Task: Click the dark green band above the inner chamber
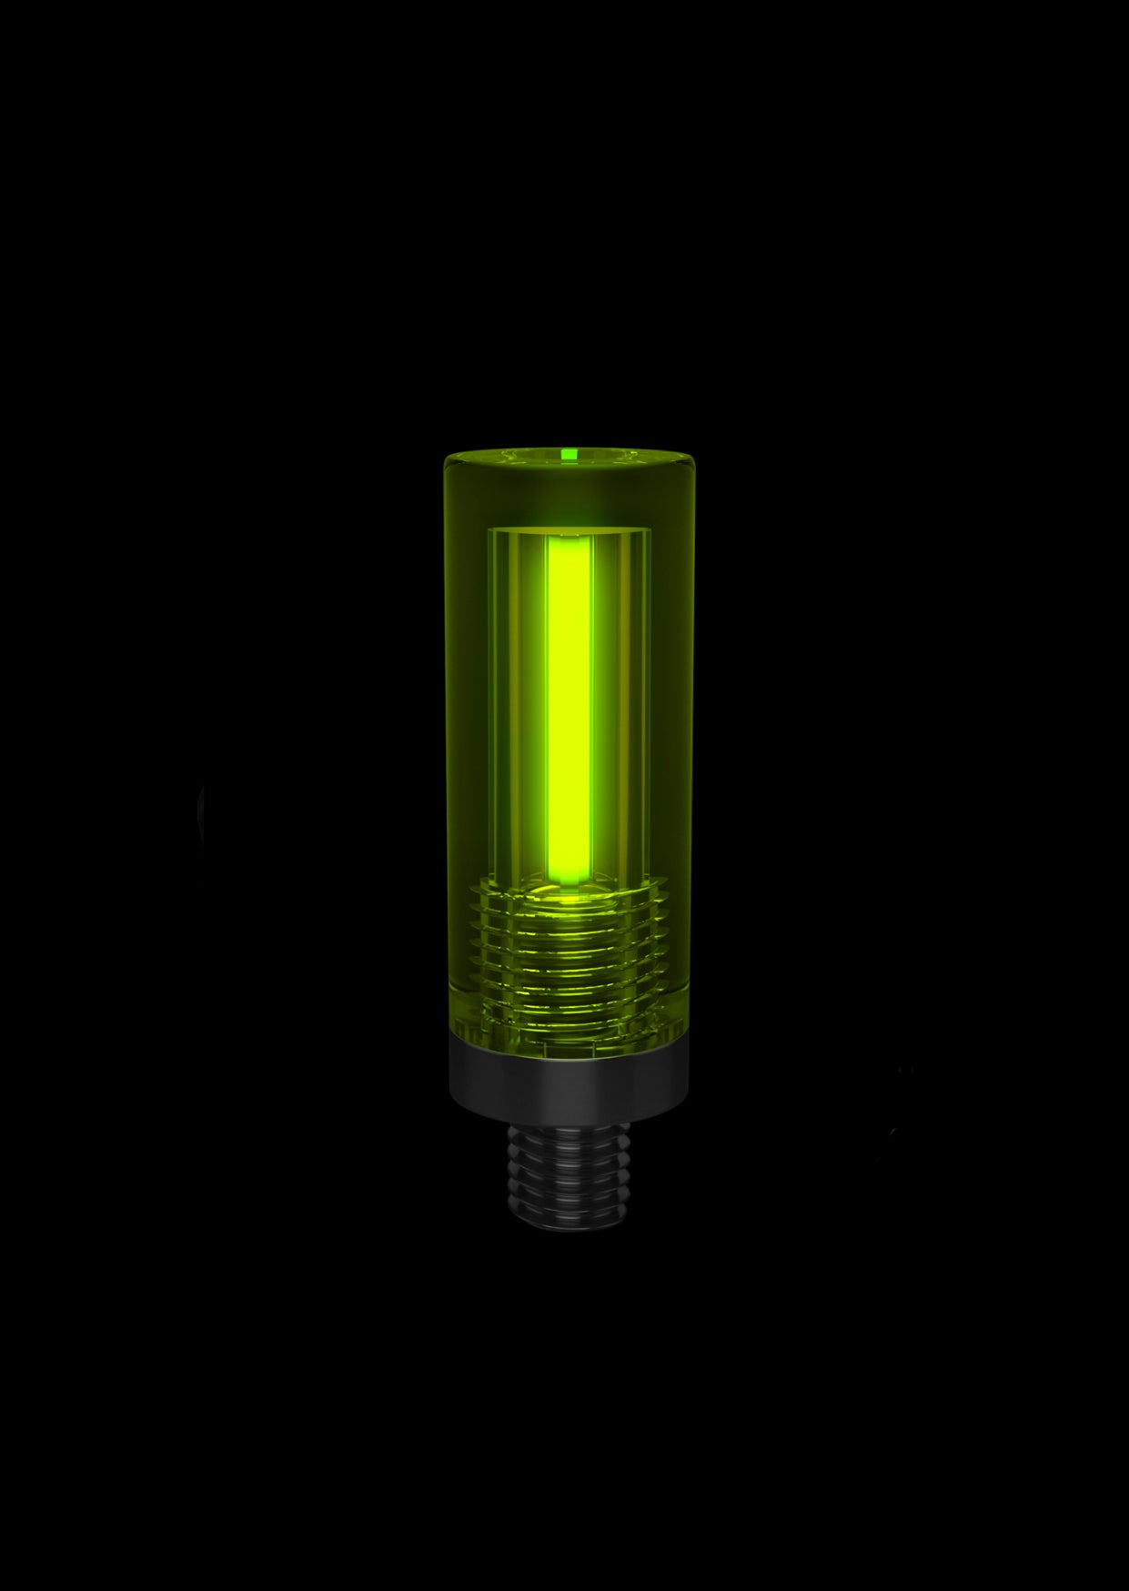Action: pos(569,496)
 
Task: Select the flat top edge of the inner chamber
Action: pos(569,529)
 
